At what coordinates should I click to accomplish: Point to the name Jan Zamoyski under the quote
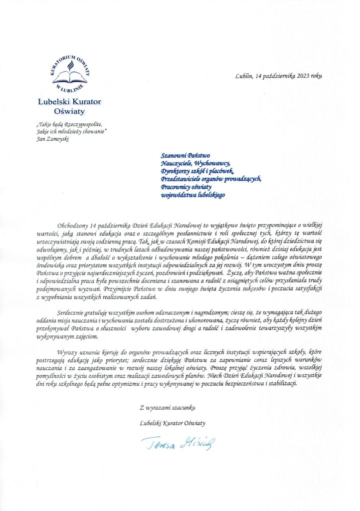click(x=52, y=139)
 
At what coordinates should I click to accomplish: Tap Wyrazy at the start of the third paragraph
click(x=68, y=344)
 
